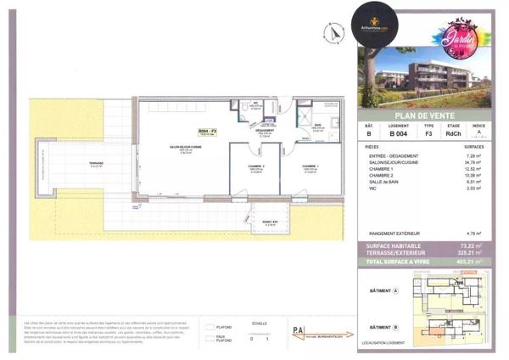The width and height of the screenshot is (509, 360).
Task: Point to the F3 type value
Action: tap(428, 134)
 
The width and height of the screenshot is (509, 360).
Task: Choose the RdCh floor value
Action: tap(454, 134)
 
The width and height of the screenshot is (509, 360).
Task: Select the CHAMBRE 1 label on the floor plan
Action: tap(311, 166)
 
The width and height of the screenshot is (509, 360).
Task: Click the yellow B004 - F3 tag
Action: tap(209, 130)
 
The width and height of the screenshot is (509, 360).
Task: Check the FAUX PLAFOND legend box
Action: tap(210, 336)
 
